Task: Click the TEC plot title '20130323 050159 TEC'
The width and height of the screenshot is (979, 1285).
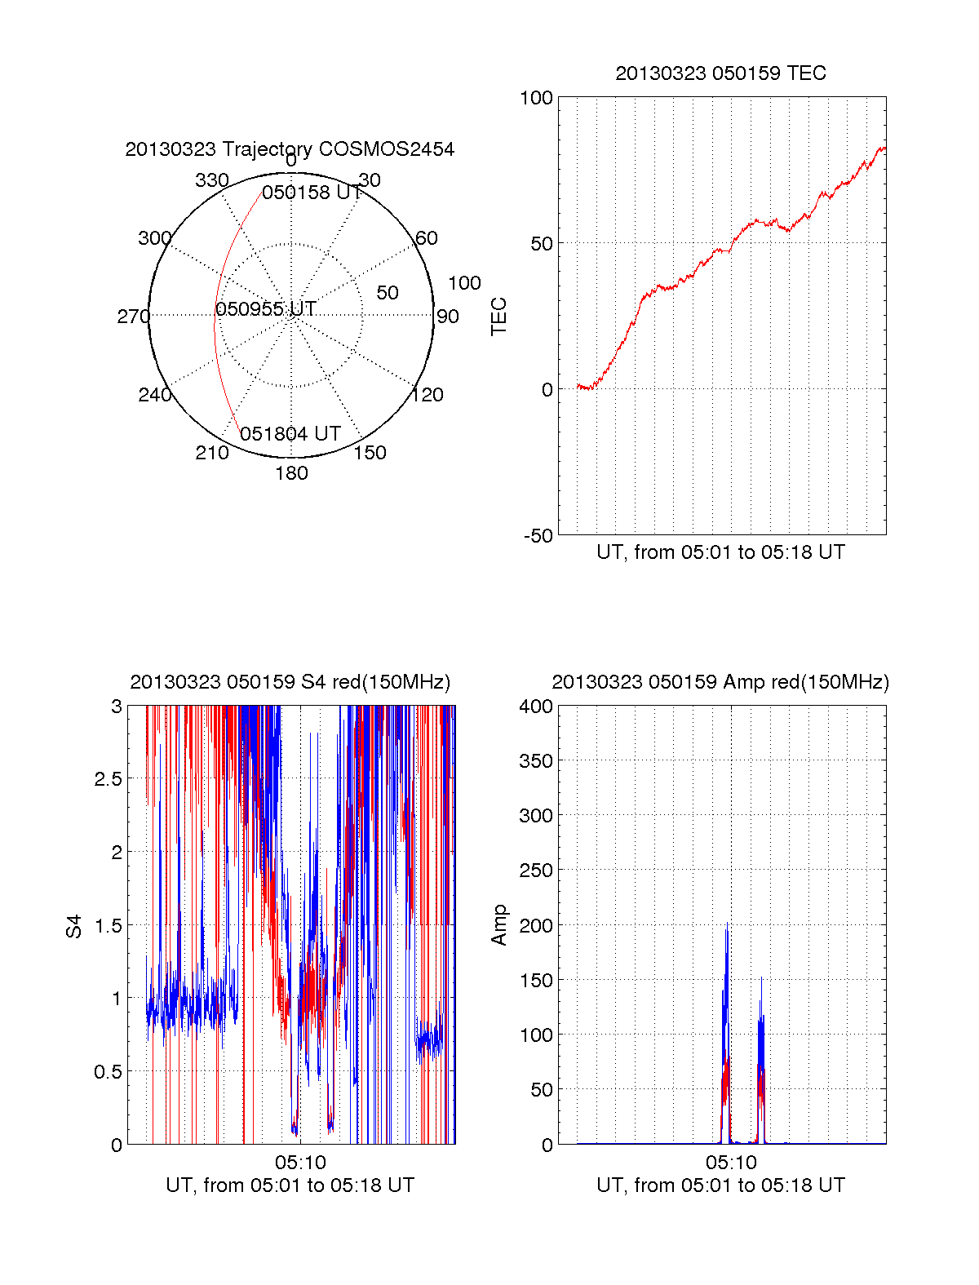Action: pos(720,73)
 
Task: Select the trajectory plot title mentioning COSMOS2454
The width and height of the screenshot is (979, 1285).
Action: pos(290,149)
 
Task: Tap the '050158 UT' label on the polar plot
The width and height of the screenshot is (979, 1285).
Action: pos(312,193)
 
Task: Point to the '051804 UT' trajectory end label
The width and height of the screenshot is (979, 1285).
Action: pos(290,434)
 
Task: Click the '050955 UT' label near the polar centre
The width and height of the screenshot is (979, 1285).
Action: pos(266,309)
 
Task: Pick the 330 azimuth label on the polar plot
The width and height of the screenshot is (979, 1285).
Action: pos(211,180)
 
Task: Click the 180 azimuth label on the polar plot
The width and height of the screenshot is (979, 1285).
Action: pos(291,473)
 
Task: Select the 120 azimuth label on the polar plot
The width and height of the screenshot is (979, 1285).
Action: pos(427,396)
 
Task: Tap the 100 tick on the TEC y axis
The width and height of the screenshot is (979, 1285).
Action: pos(536,99)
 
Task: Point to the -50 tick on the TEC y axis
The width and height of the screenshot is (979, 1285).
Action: pos(538,536)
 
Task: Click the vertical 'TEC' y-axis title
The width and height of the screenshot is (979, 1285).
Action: pos(498,317)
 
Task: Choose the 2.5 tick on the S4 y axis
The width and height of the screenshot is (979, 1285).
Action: pos(108,779)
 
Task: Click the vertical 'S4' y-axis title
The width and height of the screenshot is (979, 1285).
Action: pos(74,926)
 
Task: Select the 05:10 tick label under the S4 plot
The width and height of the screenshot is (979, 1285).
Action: pos(300,1162)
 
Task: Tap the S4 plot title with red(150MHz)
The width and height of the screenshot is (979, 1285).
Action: pos(290,682)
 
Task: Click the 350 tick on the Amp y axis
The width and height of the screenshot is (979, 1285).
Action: pos(536,761)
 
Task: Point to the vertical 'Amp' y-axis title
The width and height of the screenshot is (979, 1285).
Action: pos(498,925)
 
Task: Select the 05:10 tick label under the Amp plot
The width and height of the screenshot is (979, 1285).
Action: pos(731,1162)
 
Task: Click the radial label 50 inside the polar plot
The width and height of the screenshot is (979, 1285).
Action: pos(388,293)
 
